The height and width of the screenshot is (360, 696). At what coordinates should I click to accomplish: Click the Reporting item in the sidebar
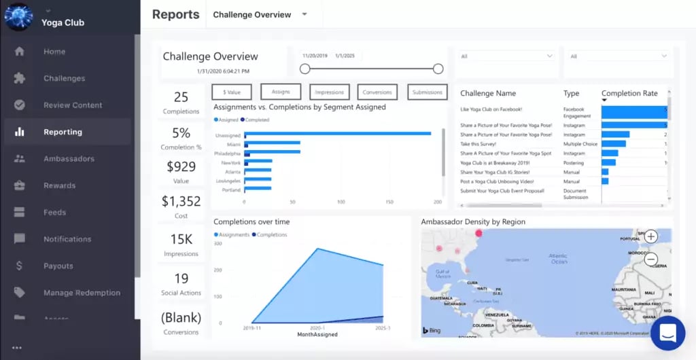[x=63, y=132]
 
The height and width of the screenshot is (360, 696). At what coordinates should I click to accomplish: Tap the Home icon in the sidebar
[x=20, y=52]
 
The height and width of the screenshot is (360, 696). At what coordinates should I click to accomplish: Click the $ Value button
[x=232, y=92]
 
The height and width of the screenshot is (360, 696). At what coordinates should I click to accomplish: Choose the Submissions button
[x=428, y=92]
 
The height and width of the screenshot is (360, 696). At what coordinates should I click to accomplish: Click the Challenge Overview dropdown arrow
[x=304, y=14]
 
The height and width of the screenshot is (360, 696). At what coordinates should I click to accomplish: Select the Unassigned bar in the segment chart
[x=338, y=134]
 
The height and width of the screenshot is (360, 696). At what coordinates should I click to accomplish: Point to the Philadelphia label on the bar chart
[x=227, y=153]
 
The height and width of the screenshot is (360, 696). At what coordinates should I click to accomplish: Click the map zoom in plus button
[x=650, y=236]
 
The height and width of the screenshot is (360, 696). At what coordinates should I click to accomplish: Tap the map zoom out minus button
[x=650, y=259]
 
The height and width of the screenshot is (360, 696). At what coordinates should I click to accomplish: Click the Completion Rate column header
[x=629, y=93]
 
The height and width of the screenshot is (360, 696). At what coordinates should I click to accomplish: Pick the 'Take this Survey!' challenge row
[x=478, y=144]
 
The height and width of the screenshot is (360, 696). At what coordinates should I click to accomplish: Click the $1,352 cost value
[x=181, y=201]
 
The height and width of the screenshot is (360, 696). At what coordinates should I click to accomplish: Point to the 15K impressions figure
[x=181, y=240]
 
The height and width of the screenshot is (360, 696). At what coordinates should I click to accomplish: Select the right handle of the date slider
[x=438, y=69]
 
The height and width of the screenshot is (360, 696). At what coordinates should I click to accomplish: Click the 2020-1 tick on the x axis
[x=317, y=327]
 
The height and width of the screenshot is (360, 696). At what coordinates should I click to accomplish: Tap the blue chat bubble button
[x=667, y=333]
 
